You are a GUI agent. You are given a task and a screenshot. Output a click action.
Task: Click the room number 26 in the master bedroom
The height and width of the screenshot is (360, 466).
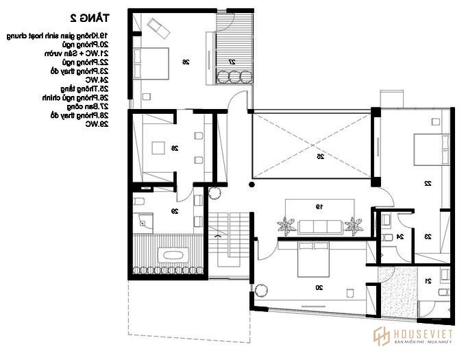point(185,62)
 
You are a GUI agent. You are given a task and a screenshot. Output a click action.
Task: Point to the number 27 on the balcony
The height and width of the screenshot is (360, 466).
point(232,62)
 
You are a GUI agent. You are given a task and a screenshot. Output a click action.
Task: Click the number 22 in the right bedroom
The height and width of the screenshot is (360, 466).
point(427,184)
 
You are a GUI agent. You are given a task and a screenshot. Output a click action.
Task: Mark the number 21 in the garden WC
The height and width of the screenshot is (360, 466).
point(428,281)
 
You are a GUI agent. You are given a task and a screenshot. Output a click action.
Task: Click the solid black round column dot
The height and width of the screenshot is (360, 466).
point(252,184)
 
